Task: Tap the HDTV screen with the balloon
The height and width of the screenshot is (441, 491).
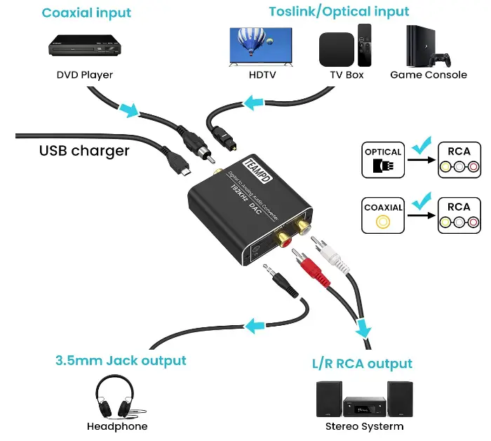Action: coord(261,47)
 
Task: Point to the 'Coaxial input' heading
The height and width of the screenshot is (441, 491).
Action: coord(86,13)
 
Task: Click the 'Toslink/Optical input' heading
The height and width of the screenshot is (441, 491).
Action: coord(339,12)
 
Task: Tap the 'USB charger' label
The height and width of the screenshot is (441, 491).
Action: coord(84,151)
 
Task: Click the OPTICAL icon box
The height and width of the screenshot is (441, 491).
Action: coord(383,160)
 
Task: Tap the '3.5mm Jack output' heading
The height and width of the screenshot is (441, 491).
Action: coord(121,361)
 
